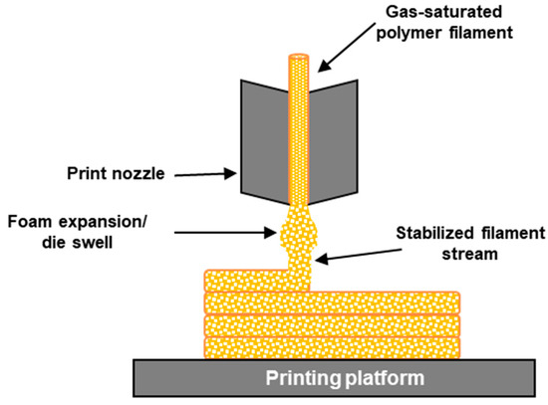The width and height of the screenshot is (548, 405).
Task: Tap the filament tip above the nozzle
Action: coord(300,62)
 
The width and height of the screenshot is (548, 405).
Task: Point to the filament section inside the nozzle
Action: coord(300,139)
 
